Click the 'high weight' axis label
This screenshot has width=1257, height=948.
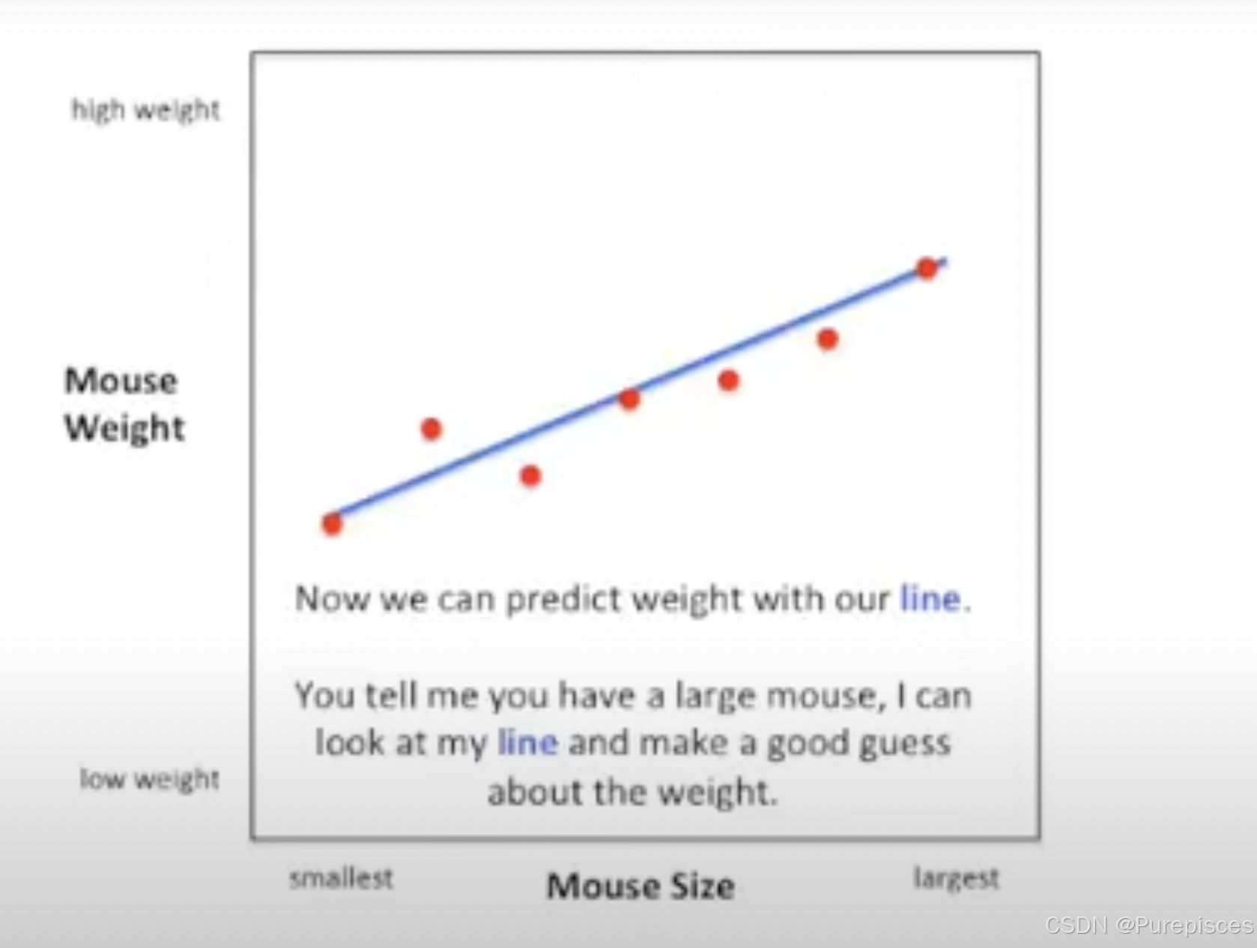click(145, 110)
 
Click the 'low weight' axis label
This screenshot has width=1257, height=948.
click(150, 779)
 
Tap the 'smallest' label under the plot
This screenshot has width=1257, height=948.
click(342, 878)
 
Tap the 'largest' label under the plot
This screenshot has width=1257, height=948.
click(957, 878)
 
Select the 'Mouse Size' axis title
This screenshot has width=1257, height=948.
click(640, 886)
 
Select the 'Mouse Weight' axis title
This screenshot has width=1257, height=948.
click(124, 404)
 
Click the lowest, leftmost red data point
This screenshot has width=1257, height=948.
click(332, 524)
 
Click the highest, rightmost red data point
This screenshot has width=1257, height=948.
click(927, 268)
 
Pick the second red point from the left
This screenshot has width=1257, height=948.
click(431, 429)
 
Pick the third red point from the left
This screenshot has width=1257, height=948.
click(531, 475)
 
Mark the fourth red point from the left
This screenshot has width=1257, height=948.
click(629, 399)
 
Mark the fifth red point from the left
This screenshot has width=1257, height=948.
click(728, 380)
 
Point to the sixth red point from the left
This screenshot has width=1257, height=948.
click(828, 339)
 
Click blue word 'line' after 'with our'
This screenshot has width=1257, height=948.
click(930, 599)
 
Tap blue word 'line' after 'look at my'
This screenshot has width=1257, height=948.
click(528, 743)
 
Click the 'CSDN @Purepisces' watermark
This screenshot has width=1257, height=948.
click(1149, 926)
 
